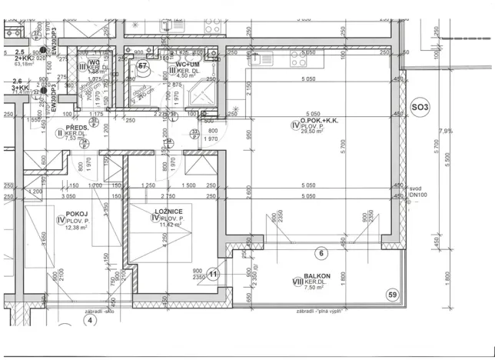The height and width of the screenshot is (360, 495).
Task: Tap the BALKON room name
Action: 316,276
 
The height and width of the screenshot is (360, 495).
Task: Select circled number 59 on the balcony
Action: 392,295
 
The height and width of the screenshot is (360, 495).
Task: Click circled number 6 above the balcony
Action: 322,253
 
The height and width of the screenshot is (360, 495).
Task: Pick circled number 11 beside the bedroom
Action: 214,273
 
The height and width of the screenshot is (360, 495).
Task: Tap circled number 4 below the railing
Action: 88,320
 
